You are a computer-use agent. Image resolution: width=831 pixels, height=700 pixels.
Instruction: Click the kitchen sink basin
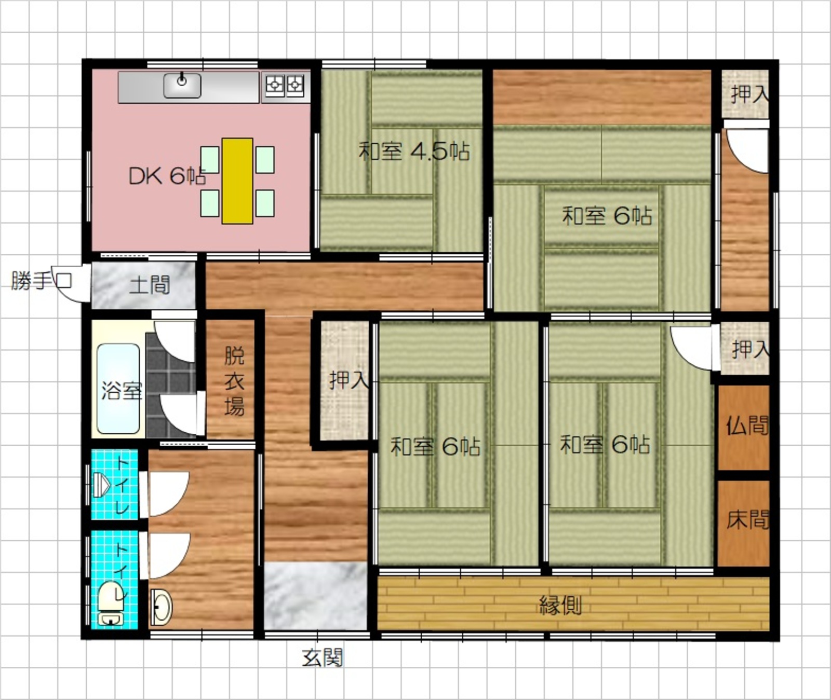click(x=182, y=86)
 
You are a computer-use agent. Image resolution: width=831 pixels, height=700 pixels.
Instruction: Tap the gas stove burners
click(x=285, y=85)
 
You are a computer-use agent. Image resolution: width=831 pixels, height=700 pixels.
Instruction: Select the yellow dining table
click(x=237, y=181)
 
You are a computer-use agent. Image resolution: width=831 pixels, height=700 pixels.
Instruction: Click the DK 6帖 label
click(x=167, y=176)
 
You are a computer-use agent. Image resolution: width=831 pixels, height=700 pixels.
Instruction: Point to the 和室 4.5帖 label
click(x=414, y=151)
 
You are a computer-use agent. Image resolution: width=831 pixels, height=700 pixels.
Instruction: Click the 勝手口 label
click(x=42, y=281)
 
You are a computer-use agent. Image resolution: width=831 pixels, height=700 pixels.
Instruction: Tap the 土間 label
click(x=150, y=285)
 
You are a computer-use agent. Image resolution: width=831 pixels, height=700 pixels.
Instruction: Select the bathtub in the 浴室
click(x=118, y=388)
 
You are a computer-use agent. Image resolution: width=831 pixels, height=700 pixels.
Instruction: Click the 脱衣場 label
click(x=234, y=381)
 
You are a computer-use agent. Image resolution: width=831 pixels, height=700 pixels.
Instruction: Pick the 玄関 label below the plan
click(x=323, y=658)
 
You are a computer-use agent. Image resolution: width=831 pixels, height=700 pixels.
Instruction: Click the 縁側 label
click(x=560, y=605)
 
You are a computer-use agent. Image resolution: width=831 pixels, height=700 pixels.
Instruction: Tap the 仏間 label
click(x=747, y=426)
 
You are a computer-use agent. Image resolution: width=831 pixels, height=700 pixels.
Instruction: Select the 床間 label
click(x=747, y=519)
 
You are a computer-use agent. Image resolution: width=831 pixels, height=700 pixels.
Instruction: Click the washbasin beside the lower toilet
click(x=161, y=607)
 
